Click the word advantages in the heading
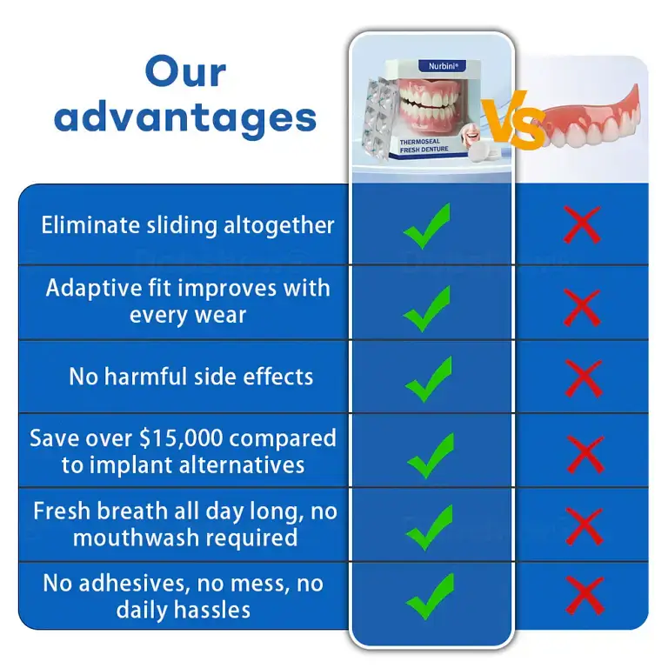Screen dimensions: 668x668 (186, 117)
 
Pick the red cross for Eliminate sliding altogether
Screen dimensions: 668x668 (583, 224)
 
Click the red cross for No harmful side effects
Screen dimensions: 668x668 (583, 378)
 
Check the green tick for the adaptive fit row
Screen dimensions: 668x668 (427, 305)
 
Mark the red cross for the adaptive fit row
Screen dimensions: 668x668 (583, 306)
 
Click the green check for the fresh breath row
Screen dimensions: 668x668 (427, 528)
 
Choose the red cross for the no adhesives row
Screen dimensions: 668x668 (584, 596)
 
